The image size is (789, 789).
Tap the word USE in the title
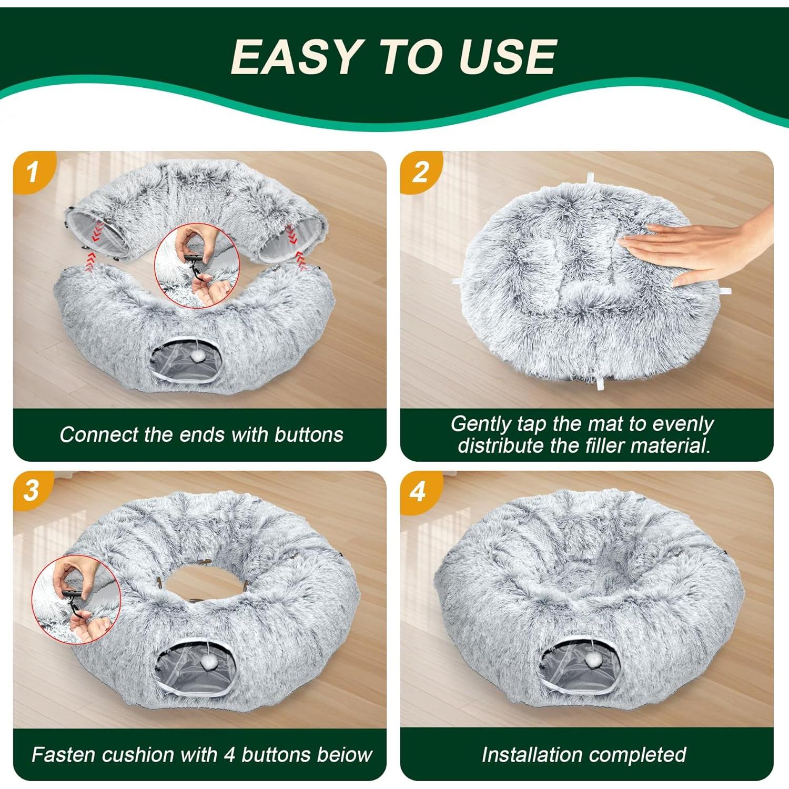(x=507, y=56)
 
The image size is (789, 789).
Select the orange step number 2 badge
(x=421, y=172)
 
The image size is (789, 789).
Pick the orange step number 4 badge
(x=420, y=491)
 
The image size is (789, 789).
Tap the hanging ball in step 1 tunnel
(x=197, y=356)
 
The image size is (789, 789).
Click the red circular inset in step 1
(x=197, y=266)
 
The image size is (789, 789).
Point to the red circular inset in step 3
(x=76, y=600)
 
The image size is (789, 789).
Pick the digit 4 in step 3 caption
(x=229, y=755)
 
